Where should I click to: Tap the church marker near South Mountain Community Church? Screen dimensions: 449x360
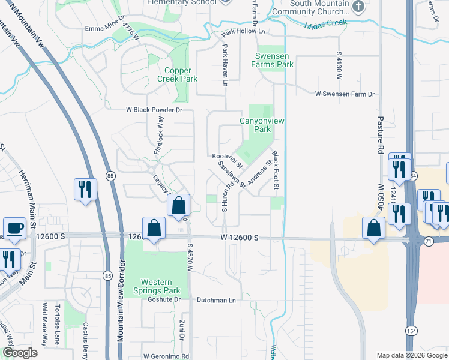358,7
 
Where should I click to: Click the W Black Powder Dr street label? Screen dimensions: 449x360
154,110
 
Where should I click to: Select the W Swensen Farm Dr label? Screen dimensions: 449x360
345,94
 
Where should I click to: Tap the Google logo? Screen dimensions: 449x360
20,353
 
